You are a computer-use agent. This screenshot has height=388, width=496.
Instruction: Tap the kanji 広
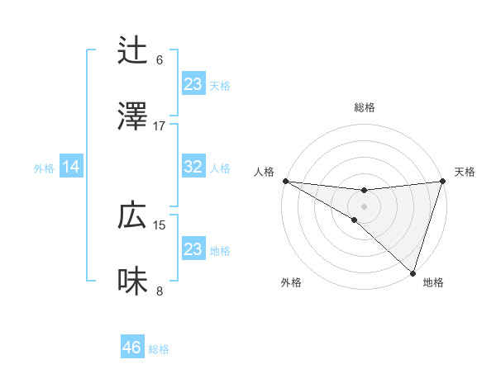(x=133, y=215)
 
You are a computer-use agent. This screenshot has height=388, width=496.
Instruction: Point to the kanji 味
(x=133, y=282)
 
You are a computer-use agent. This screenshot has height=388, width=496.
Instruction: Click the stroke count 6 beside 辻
(x=160, y=59)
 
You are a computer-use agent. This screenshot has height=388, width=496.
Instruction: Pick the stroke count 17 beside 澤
(x=160, y=125)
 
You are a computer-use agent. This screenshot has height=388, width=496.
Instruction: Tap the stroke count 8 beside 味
(x=160, y=291)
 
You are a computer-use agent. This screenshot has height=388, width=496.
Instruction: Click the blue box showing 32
(x=193, y=167)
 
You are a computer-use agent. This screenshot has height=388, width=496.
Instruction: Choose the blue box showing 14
(x=71, y=168)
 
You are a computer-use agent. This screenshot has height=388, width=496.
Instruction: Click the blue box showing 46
(x=132, y=348)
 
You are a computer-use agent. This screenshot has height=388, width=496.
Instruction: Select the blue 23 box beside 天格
(x=193, y=84)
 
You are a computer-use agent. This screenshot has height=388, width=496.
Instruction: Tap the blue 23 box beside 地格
(x=193, y=249)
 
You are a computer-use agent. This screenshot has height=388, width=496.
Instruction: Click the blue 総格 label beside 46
(x=159, y=349)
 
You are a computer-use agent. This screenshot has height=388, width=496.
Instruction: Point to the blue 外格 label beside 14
(x=44, y=168)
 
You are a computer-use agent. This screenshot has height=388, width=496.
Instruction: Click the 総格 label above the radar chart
(x=365, y=107)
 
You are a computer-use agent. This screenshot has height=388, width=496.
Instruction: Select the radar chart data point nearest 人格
(x=285, y=181)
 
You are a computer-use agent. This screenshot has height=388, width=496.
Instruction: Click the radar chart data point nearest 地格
(x=413, y=272)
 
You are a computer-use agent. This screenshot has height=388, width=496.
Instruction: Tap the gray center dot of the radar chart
(x=364, y=206)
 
